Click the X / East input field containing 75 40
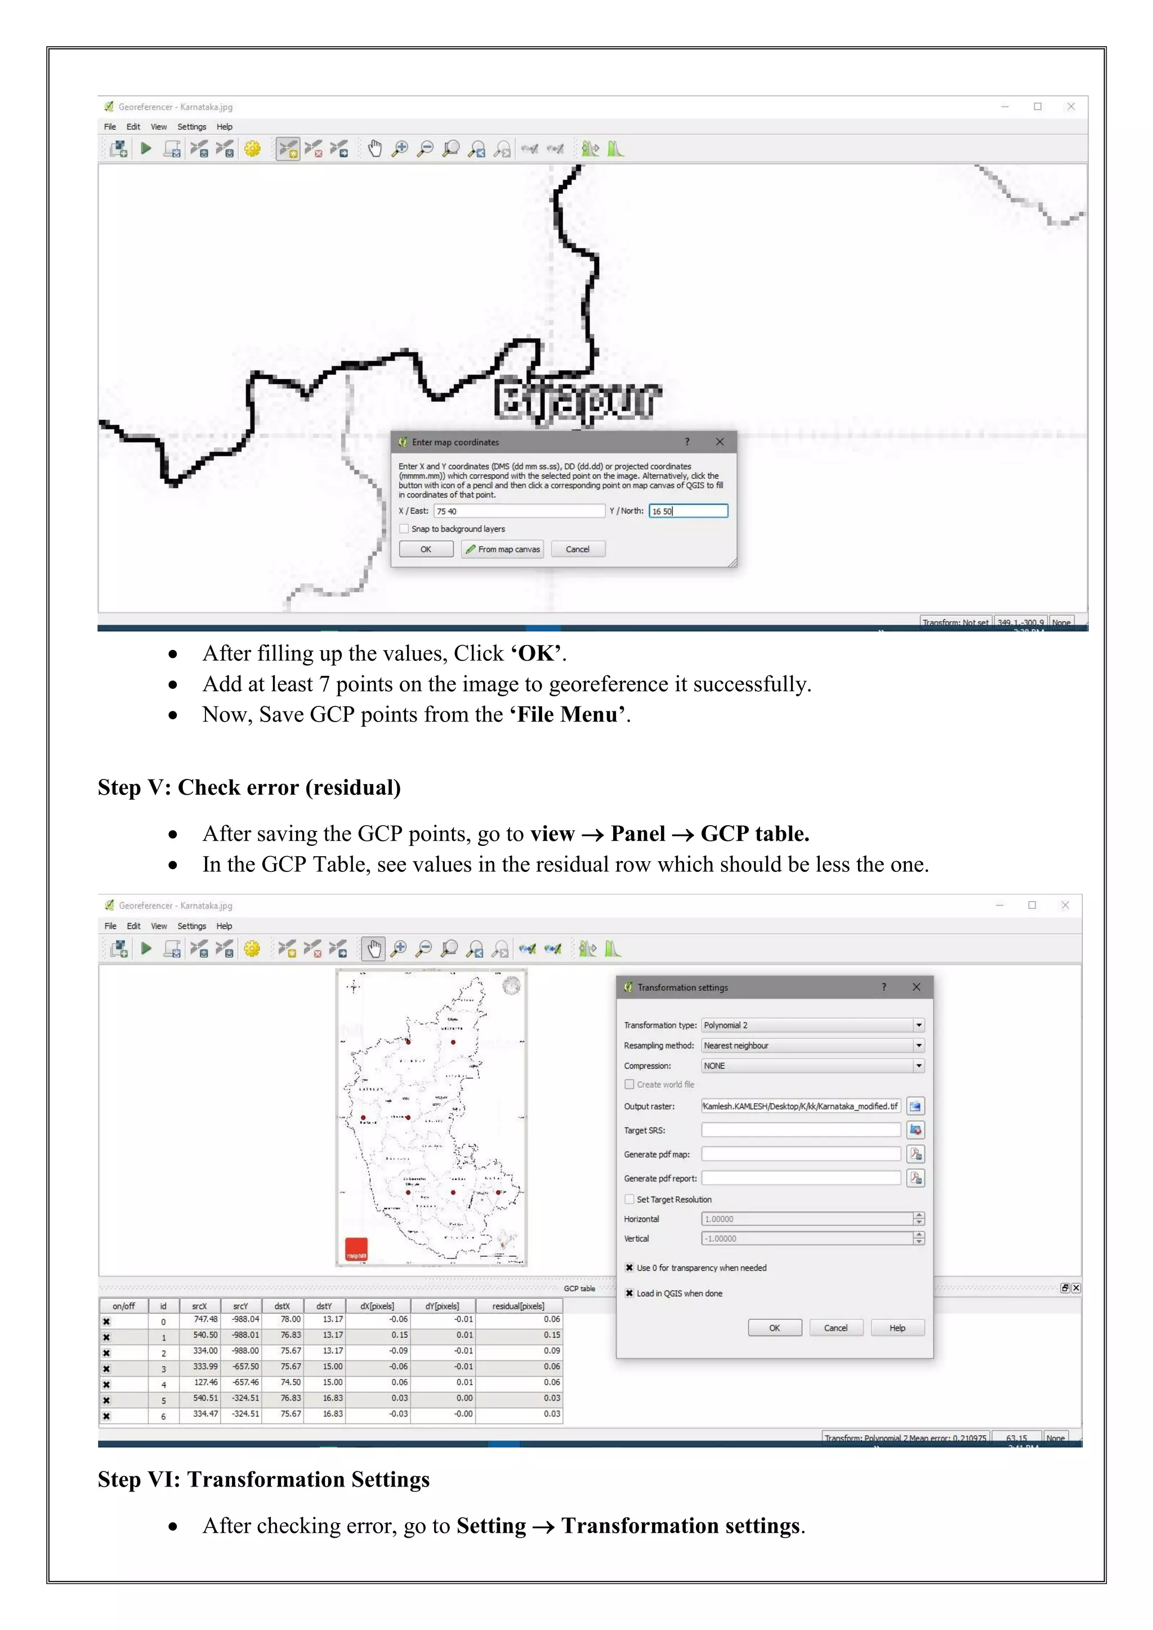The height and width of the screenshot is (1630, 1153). coord(519,511)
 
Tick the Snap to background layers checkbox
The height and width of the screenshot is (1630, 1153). coord(405,529)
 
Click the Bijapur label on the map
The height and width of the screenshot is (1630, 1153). coord(576,400)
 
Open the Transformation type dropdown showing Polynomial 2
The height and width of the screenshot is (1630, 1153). coord(812,1025)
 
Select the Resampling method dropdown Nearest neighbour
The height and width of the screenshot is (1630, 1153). coord(812,1046)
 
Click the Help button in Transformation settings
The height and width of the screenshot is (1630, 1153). coord(897,1328)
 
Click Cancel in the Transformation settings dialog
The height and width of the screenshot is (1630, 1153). coord(835,1328)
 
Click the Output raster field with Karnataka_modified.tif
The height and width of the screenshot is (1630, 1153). coord(800,1106)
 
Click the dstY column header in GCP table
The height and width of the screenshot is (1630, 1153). coord(324,1306)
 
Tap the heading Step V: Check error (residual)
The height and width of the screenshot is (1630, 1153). coord(249,787)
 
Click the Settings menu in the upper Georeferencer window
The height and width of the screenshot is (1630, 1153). coord(191,127)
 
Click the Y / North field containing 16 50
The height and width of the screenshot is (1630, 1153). coord(687,511)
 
